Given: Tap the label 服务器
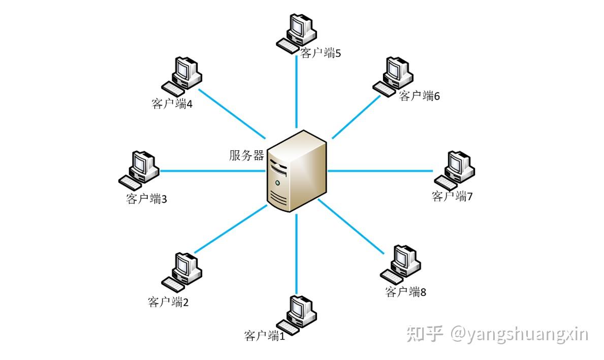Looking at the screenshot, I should click(x=246, y=155).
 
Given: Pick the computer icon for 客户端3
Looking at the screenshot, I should click(x=139, y=168).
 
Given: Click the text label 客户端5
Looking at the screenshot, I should click(x=320, y=53).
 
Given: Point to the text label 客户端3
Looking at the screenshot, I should click(x=146, y=199).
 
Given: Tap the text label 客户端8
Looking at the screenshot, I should click(x=405, y=292).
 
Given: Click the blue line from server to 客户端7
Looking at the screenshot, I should click(x=381, y=171).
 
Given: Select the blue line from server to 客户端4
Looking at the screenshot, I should click(x=231, y=114).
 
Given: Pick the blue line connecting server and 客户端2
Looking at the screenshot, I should click(x=231, y=228).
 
